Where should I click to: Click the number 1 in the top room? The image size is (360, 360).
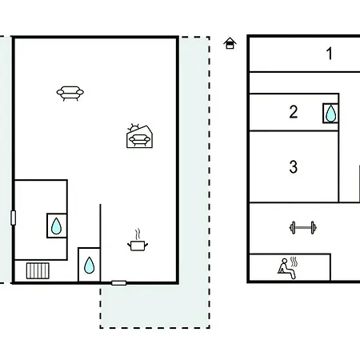(330, 54)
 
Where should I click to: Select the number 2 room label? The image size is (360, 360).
(294, 112)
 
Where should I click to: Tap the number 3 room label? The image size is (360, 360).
(294, 166)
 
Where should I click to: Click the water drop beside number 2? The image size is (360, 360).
(330, 114)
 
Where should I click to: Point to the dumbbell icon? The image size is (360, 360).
(303, 228)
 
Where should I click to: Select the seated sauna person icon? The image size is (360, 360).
(286, 269)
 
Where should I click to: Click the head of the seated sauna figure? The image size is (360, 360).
(285, 261)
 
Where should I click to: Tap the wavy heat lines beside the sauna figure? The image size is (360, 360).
(294, 262)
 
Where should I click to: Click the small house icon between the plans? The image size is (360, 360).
(230, 43)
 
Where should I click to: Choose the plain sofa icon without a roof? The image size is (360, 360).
(70, 93)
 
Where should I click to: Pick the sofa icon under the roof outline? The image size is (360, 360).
(139, 140)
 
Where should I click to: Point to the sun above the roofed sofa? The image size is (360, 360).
(134, 127)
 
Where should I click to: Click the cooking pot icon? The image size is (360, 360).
(138, 246)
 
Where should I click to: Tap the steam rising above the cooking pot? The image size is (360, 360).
(138, 234)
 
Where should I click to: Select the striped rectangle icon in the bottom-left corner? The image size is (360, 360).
(38, 271)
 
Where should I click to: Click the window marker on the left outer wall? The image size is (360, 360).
(13, 218)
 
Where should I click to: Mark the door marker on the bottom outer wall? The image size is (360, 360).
(118, 283)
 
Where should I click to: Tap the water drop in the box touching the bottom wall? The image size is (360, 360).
(89, 266)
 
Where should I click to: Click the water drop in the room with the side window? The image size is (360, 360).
(56, 226)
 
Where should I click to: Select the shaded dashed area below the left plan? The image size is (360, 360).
(154, 306)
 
